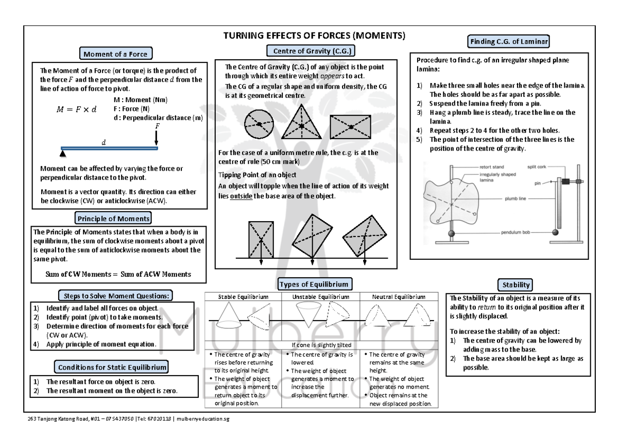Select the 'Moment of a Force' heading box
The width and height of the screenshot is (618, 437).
115,54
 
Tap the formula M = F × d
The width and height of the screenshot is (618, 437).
76,109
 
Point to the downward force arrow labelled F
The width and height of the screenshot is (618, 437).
157,137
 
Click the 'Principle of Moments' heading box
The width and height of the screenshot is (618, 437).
113,218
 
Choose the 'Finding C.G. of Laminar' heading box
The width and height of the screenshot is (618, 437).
508,41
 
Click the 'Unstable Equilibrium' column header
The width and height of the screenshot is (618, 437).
321,297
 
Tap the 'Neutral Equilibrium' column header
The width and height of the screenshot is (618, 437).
400,297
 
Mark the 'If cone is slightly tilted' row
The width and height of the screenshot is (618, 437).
320,345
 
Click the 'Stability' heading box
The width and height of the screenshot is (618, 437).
516,284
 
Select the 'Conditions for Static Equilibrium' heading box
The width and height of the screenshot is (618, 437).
112,367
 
